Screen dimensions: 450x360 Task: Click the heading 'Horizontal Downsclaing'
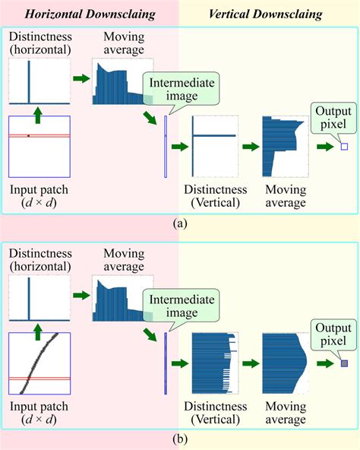point(90,14)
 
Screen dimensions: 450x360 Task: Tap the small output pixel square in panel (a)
point(343,147)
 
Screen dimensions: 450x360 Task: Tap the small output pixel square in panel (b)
point(343,364)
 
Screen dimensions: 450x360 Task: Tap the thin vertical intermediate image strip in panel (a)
point(165,146)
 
